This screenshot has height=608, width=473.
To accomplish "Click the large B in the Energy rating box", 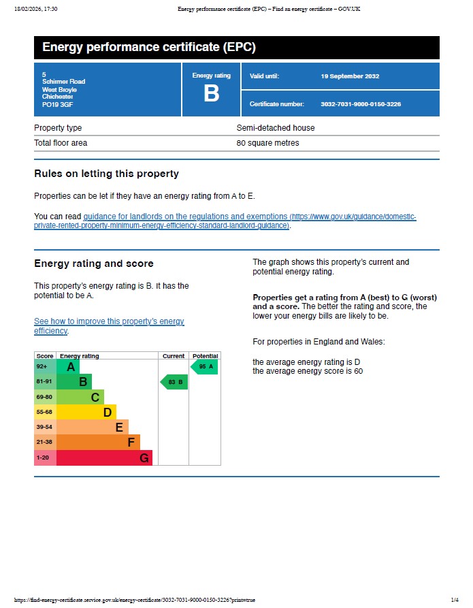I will pyautogui.click(x=211, y=94).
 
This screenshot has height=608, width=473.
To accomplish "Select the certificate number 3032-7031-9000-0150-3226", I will pyautogui.click(x=360, y=104).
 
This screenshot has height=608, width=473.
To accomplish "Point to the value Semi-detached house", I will pyautogui.click(x=276, y=128).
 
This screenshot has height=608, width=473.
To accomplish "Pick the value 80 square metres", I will pyautogui.click(x=267, y=143).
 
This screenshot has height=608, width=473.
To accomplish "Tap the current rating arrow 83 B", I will pyautogui.click(x=174, y=382).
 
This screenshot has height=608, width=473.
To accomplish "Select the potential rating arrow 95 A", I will pyautogui.click(x=204, y=367).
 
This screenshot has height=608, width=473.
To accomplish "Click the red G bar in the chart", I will pyautogui.click(x=103, y=458).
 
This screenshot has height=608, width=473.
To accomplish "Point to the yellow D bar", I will pyautogui.click(x=86, y=412).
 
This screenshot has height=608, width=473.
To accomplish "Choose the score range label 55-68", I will pyautogui.click(x=44, y=412).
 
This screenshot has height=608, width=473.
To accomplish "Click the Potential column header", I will pyautogui.click(x=205, y=356).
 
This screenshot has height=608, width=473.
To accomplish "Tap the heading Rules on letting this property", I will pyautogui.click(x=106, y=174).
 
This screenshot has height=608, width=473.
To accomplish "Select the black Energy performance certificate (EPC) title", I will pyautogui.click(x=149, y=48).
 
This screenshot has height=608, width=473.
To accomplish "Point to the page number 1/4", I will pyautogui.click(x=455, y=600).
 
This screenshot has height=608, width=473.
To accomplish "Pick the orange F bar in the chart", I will pyautogui.click(x=98, y=443).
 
